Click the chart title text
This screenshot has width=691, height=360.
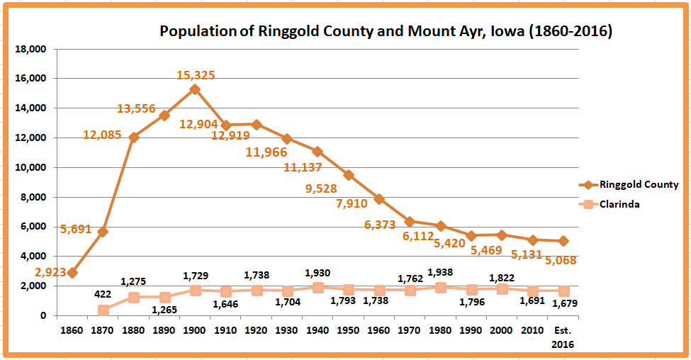[386, 32]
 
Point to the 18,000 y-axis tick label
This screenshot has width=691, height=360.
[30, 50]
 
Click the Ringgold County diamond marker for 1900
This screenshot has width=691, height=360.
[195, 89]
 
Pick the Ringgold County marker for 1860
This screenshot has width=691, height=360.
[72, 273]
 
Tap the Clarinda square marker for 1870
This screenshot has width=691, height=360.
[103, 310]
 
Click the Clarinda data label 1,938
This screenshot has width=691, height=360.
[441, 271]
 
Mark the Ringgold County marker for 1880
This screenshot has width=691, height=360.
[134, 137]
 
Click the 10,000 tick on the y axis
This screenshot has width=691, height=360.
[30, 168]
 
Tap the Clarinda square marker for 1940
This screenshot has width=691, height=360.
[318, 288]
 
